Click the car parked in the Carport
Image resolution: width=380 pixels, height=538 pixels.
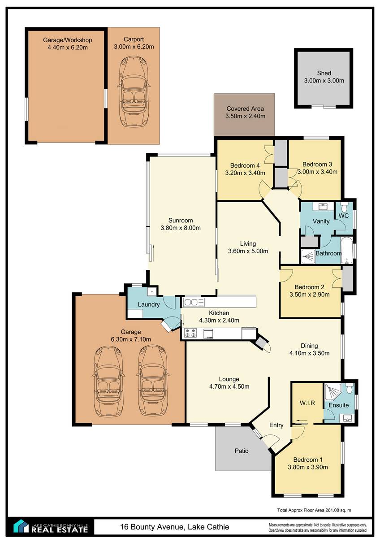click(134, 91)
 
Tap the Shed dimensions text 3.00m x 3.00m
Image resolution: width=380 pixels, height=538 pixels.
click(324, 81)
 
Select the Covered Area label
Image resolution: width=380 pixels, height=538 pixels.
click(245, 108)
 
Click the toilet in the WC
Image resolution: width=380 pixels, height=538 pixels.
click(344, 206)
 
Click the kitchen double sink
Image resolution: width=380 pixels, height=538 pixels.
click(194, 302)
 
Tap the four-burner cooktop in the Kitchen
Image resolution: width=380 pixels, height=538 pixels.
click(190, 333)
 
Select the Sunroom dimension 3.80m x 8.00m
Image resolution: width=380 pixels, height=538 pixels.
click(181, 228)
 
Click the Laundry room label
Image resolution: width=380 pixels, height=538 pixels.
click(149, 304)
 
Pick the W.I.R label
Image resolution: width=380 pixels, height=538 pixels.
click(307, 403)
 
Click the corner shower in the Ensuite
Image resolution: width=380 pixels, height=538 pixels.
click(332, 392)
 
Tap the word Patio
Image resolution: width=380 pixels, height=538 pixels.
click(242, 451)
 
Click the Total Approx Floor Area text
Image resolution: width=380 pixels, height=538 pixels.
click(314, 510)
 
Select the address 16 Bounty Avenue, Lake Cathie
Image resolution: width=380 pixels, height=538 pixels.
click(174, 527)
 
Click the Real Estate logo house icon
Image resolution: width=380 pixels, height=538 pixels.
click(21, 526)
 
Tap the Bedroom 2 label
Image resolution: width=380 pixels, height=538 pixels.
click(309, 287)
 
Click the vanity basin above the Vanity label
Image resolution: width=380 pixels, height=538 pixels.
click(324, 206)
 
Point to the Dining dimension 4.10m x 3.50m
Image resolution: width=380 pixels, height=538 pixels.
click(309, 353)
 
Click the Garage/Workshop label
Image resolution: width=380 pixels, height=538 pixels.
click(68, 40)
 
